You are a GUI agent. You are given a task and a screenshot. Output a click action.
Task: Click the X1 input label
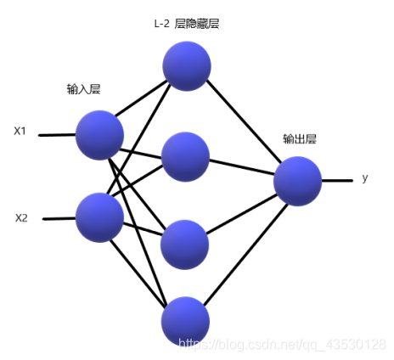[x=20, y=131]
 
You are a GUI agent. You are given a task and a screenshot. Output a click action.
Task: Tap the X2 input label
[x=21, y=218]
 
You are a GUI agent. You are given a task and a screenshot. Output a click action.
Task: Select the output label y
[x=365, y=178]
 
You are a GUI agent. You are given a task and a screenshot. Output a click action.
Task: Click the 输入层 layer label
[x=84, y=89]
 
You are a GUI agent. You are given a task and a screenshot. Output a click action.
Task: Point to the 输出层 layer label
[x=300, y=139]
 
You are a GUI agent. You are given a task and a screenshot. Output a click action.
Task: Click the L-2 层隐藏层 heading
[x=187, y=24]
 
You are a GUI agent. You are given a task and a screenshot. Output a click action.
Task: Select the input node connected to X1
[x=99, y=135]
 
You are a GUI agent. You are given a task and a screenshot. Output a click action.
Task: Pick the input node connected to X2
[x=99, y=217]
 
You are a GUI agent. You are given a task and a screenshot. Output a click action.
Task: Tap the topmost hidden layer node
[x=187, y=66]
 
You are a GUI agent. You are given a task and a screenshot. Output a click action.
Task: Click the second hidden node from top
[x=185, y=156]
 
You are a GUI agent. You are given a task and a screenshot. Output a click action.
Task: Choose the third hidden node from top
[x=185, y=245]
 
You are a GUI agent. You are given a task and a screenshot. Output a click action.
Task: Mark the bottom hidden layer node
[x=185, y=321]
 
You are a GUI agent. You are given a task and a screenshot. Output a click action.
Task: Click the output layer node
[x=298, y=181]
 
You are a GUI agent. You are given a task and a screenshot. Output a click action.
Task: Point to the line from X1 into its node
[x=57, y=135]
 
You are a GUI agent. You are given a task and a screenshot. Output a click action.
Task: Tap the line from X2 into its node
[x=59, y=218]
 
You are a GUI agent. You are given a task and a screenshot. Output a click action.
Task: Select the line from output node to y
[x=337, y=180]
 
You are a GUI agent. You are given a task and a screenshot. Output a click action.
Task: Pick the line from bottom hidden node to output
[x=245, y=255]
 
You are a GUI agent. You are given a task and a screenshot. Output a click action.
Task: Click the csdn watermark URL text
[x=282, y=345]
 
